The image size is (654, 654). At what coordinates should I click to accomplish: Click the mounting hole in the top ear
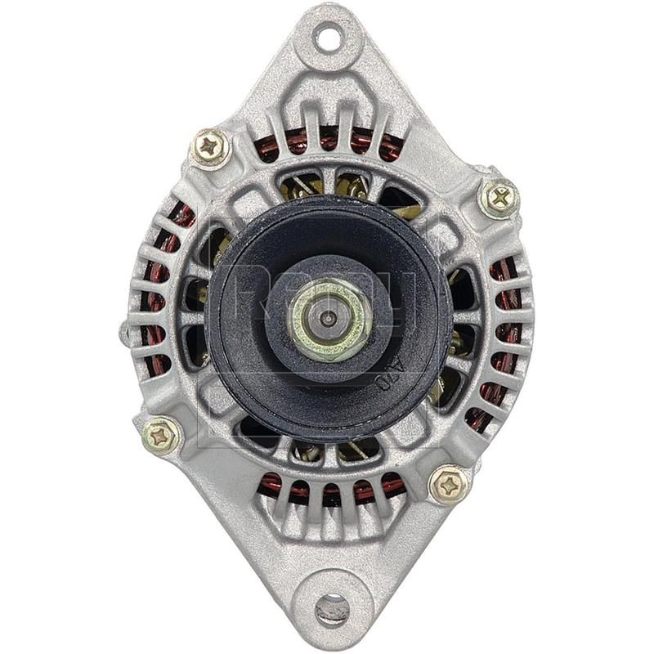[328, 36]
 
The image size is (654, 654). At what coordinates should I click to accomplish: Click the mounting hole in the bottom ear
[331, 607]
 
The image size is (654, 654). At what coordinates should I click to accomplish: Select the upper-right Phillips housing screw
[498, 196]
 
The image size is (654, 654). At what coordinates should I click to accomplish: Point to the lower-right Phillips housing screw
[449, 485]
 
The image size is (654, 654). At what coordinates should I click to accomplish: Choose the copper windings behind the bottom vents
[331, 490]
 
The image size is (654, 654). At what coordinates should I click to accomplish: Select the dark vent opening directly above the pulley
[327, 184]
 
